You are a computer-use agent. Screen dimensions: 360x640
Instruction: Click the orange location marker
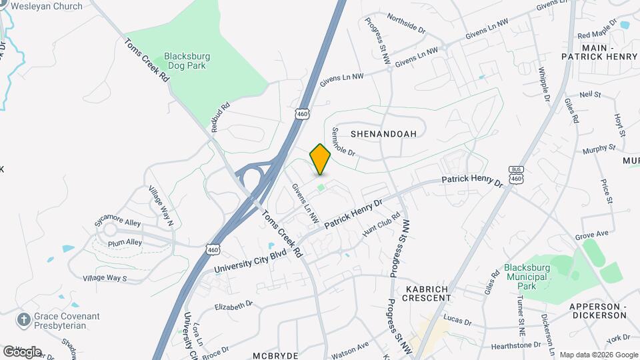[x=321, y=159]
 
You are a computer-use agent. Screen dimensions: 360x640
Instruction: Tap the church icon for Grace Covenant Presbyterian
[x=24, y=319]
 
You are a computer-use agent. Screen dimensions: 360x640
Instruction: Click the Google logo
[x=21, y=351]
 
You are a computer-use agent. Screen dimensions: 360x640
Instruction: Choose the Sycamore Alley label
[x=119, y=223]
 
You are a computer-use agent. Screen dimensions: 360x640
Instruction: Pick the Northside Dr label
[x=405, y=25]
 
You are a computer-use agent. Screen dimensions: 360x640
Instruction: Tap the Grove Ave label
[x=593, y=235]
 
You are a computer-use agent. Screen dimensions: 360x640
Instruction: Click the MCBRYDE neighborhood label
[x=275, y=355]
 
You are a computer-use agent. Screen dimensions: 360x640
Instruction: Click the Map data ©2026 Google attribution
[x=598, y=355]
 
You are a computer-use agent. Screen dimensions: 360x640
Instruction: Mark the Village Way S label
[x=105, y=278]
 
